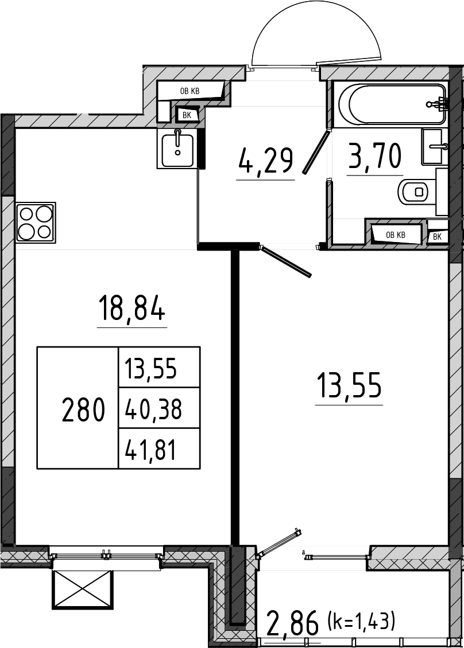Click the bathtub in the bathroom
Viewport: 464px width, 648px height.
392,104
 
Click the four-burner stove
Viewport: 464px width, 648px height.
36,222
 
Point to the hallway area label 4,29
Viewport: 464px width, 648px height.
266,161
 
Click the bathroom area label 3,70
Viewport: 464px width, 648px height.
375,155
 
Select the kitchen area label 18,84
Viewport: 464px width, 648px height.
132,309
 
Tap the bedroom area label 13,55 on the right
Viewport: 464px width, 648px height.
349,385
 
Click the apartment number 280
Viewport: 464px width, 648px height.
83,409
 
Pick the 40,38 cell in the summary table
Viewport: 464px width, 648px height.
153,409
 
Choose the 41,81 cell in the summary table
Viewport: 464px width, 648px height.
151,450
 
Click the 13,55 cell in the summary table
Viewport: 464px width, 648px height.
151,368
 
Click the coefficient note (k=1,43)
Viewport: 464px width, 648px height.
361,621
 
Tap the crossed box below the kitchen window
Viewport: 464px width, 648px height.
83,590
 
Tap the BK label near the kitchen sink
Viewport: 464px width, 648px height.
187,115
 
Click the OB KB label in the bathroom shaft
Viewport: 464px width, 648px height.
396,235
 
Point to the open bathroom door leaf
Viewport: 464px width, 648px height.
317,151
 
